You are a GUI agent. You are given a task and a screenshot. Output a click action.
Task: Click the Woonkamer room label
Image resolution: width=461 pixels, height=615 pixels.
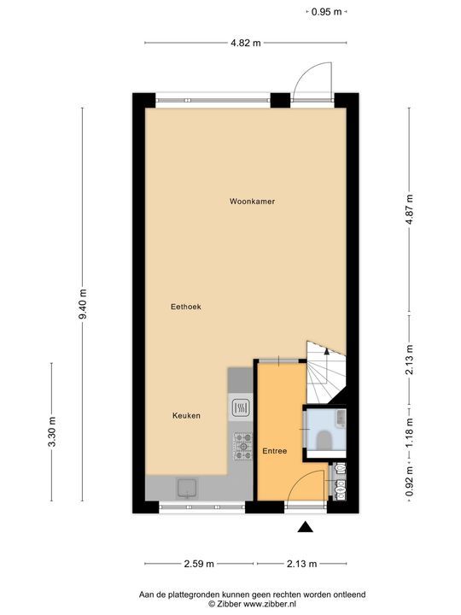tap(251, 202)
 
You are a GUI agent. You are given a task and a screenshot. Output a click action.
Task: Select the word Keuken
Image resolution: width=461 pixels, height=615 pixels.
tap(186, 416)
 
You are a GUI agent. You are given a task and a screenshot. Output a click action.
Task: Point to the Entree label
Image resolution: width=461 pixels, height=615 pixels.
tap(274, 450)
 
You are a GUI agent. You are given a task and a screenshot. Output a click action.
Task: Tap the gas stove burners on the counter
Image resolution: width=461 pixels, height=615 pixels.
tap(241, 442)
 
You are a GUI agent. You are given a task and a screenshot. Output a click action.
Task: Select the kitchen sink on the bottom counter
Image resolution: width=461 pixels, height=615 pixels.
tap(186, 488)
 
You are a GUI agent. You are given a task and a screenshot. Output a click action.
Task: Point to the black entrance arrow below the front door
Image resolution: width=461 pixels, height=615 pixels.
tap(305, 527)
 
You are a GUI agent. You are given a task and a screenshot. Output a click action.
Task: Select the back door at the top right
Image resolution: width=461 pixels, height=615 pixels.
tap(312, 84)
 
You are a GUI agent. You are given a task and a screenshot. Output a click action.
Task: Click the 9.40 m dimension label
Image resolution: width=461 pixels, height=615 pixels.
tap(83, 302)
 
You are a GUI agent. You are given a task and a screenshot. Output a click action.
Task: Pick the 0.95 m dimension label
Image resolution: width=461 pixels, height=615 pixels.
tap(326, 12)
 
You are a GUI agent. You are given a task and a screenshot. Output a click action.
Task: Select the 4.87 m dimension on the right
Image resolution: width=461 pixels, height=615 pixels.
tap(410, 206)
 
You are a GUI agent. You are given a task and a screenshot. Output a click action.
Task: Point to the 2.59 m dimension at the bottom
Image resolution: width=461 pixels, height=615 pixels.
tap(201, 564)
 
